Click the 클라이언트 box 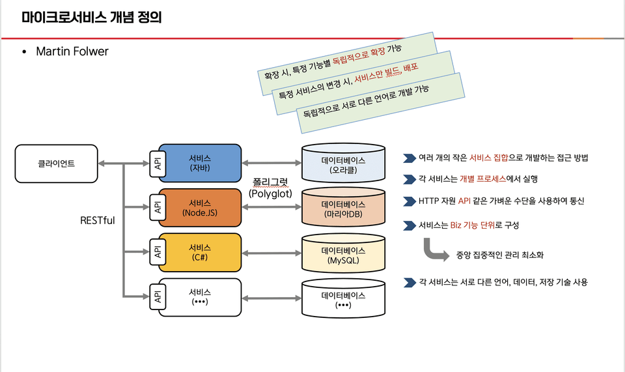tap(56, 164)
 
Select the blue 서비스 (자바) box tap(200, 163)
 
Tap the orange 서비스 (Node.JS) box tap(200, 208)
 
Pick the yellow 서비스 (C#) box tap(200, 252)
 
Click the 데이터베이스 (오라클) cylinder tap(343, 163)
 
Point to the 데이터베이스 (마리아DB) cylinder tap(343, 208)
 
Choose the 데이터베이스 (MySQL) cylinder tap(343, 253)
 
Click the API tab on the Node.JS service tap(158, 207)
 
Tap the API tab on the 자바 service tap(158, 164)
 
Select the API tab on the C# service tap(158, 252)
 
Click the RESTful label tap(97, 220)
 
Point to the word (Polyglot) tap(270, 193)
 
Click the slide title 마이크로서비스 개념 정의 tap(92, 18)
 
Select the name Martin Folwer tap(72, 51)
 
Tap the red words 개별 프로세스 tap(482, 179)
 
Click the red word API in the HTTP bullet tap(464, 201)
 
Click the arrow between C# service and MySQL tap(271, 253)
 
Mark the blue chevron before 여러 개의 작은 tap(410, 158)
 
